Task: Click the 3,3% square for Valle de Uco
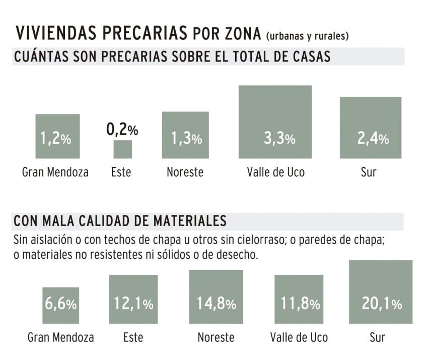coord(275,122)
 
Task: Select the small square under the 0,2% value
coord(122,150)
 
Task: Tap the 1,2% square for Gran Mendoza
coord(57,136)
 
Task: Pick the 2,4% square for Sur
coord(371,128)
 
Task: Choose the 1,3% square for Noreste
coord(185,135)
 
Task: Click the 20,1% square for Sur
coord(381,292)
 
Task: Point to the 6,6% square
coord(60,305)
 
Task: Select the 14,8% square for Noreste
coord(216,297)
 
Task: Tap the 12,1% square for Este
coord(133,299)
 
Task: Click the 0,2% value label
coord(122,130)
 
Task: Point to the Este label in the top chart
coord(121,172)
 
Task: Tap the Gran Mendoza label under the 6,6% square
coord(60,337)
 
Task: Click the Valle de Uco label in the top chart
coord(275,172)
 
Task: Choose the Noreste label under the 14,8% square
coord(216,337)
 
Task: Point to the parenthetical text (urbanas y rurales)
coord(307,36)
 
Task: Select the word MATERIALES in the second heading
coord(186,221)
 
